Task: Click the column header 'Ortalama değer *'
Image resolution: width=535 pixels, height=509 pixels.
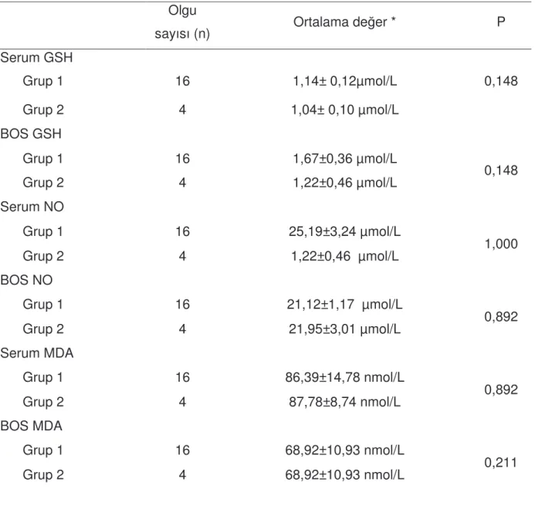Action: click(x=344, y=22)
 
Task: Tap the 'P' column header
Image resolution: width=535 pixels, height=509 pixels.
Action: click(x=501, y=22)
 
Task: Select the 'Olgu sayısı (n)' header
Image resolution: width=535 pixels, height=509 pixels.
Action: click(x=182, y=22)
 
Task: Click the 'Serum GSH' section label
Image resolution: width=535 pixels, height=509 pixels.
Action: click(x=36, y=57)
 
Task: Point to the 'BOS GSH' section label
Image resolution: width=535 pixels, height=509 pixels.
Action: click(x=31, y=133)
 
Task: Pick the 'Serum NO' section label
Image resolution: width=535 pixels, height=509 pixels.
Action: click(x=32, y=207)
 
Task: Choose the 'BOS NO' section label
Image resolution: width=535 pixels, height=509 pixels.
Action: click(x=26, y=280)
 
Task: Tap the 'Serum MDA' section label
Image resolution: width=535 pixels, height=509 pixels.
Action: click(x=37, y=353)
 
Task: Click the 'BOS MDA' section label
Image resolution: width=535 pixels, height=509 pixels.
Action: click(x=32, y=426)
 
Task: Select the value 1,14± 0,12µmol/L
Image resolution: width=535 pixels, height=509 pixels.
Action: click(x=344, y=82)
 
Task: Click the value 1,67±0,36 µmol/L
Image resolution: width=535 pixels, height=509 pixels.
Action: click(x=344, y=159)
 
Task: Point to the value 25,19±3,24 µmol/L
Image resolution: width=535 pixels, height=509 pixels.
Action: click(x=344, y=232)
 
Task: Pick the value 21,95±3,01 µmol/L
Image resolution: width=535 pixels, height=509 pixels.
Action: click(x=344, y=329)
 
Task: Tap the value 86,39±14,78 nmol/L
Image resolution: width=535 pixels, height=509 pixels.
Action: click(x=344, y=377)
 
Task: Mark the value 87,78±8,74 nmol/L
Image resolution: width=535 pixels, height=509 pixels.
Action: click(x=344, y=402)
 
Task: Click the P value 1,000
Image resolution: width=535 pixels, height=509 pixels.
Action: click(x=501, y=244)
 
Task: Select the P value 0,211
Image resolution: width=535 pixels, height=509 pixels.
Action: click(x=500, y=463)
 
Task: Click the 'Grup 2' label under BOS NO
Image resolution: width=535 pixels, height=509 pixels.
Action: click(x=43, y=329)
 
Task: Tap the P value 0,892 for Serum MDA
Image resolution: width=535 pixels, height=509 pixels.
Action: click(x=501, y=389)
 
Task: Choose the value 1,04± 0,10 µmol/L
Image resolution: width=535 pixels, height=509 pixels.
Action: click(x=344, y=110)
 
